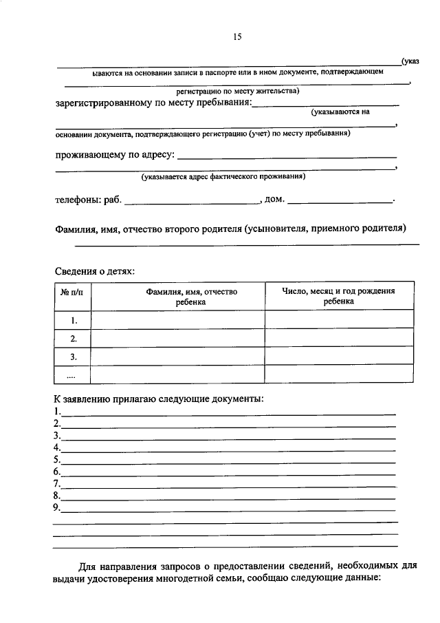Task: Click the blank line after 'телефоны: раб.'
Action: (x=190, y=202)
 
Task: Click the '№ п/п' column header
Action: (x=72, y=291)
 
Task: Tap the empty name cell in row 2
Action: (x=178, y=339)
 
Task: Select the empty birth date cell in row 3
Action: (x=339, y=357)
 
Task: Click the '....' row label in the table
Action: (x=71, y=375)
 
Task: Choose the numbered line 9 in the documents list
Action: (x=227, y=509)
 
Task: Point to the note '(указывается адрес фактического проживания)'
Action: (x=223, y=177)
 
